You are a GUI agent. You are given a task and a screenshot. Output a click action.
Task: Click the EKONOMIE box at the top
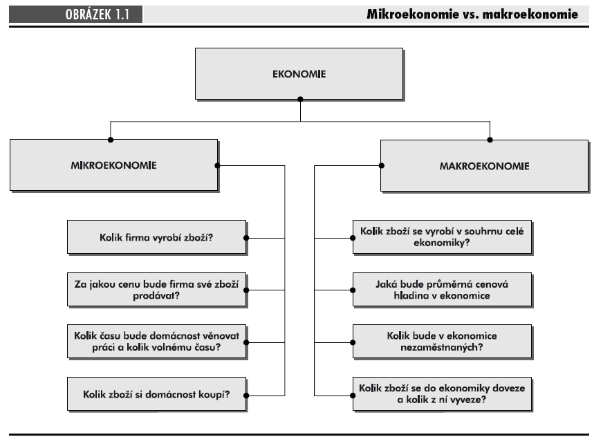point(299,74)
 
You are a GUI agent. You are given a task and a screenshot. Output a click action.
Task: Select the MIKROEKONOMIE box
point(114,165)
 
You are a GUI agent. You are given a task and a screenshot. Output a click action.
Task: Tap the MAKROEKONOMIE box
point(485,166)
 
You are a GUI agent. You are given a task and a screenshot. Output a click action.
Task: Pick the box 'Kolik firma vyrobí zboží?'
point(156,237)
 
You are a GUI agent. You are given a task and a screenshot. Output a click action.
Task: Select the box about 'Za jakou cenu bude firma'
point(156,290)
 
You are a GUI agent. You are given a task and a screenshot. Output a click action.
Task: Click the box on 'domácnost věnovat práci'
point(156,342)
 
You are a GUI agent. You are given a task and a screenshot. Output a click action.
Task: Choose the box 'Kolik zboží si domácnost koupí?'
point(156,394)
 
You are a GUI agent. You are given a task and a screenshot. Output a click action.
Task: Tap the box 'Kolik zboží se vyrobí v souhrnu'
point(443,237)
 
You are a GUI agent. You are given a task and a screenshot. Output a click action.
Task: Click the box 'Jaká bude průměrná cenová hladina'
point(443,290)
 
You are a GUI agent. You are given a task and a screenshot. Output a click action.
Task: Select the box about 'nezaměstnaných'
point(443,342)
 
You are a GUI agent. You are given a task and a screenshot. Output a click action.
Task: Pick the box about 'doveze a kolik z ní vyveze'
point(443,394)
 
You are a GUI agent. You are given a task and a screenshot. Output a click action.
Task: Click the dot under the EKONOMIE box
point(300,99)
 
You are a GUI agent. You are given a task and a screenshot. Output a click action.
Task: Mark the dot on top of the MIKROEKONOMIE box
point(111,140)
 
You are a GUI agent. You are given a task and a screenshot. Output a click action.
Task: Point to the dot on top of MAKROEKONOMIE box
point(490,140)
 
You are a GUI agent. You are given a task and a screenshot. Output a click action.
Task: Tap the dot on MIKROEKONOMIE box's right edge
point(217,166)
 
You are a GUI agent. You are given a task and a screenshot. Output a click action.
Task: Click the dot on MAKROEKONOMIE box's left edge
point(382,166)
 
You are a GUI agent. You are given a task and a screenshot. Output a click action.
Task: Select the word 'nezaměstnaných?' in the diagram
point(441,348)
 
